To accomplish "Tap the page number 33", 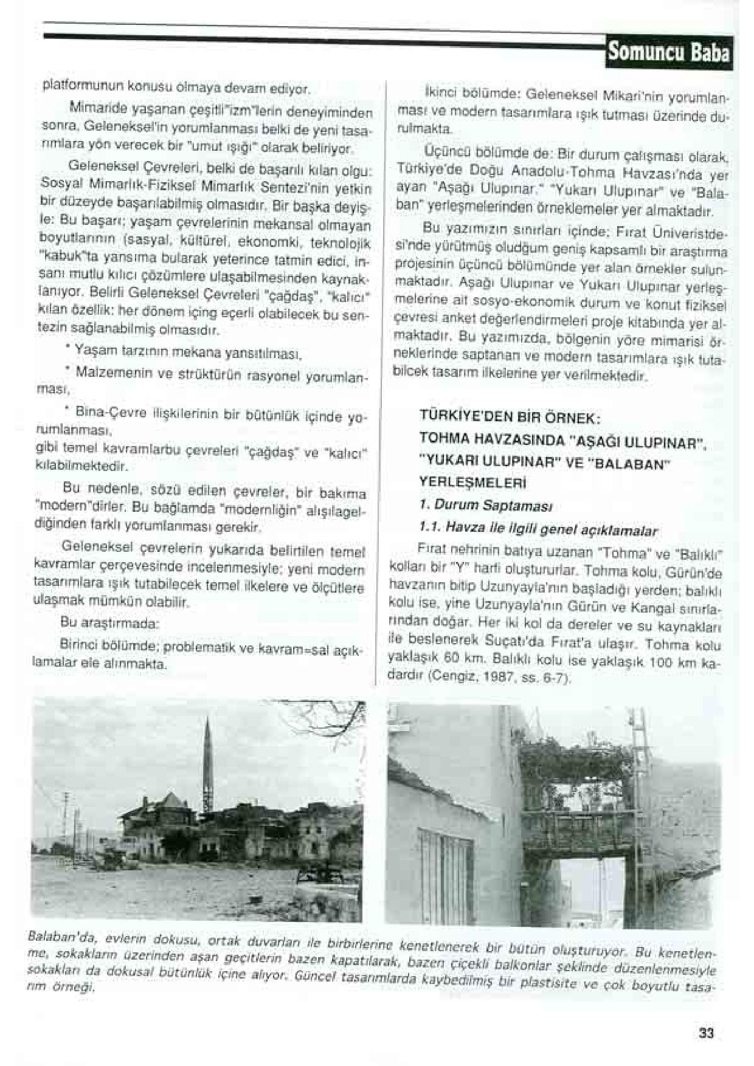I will pyautogui.click(x=706, y=1033).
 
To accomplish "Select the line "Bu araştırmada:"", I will pyautogui.click(x=109, y=624).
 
